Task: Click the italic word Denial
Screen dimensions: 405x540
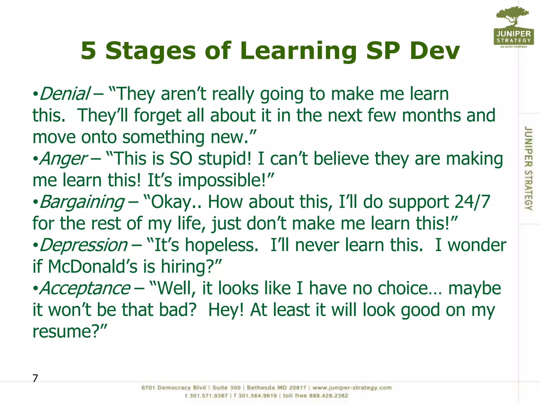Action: click(65, 94)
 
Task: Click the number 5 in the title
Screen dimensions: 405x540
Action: click(88, 51)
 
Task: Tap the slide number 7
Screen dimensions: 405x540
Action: click(35, 378)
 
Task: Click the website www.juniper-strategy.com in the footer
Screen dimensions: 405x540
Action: click(352, 388)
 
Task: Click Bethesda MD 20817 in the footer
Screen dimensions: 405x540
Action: click(276, 388)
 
